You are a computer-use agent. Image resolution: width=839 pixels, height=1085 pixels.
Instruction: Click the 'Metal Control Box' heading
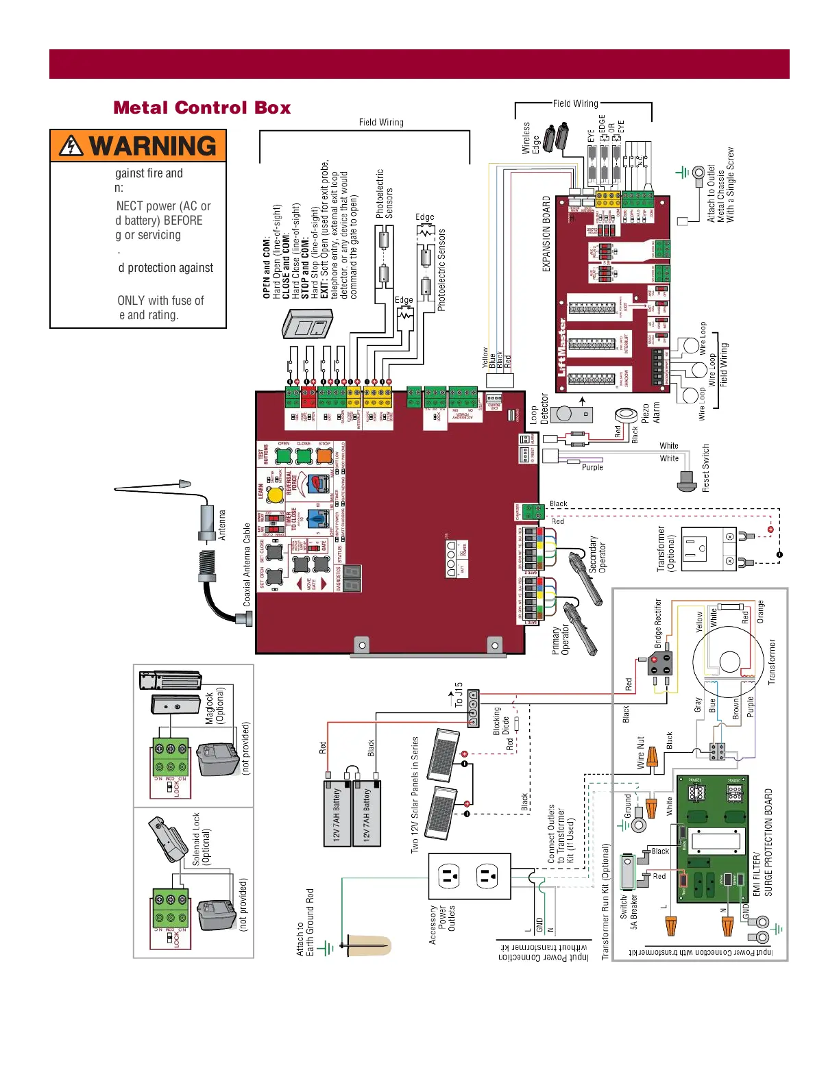(202, 108)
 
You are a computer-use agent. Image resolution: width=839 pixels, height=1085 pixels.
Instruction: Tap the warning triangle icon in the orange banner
(71, 146)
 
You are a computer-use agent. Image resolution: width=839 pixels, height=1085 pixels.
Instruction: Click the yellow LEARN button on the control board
(275, 494)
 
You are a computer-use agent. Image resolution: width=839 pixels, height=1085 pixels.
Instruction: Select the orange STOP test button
(325, 456)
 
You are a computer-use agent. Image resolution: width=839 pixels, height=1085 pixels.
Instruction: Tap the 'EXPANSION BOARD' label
(546, 234)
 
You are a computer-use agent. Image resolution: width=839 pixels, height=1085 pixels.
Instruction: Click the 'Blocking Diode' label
(501, 721)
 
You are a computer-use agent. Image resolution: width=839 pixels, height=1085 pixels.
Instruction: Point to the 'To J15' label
(459, 694)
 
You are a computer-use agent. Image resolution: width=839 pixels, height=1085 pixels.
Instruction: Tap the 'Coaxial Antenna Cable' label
(247, 564)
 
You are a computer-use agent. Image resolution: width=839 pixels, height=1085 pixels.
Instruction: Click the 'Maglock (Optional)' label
(215, 706)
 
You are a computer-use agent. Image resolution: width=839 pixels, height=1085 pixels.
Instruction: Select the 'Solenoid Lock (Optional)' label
(201, 839)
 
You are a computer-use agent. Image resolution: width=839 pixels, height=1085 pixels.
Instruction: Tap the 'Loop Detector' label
(539, 409)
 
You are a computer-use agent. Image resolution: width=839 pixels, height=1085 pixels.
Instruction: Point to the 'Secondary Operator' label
(598, 554)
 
